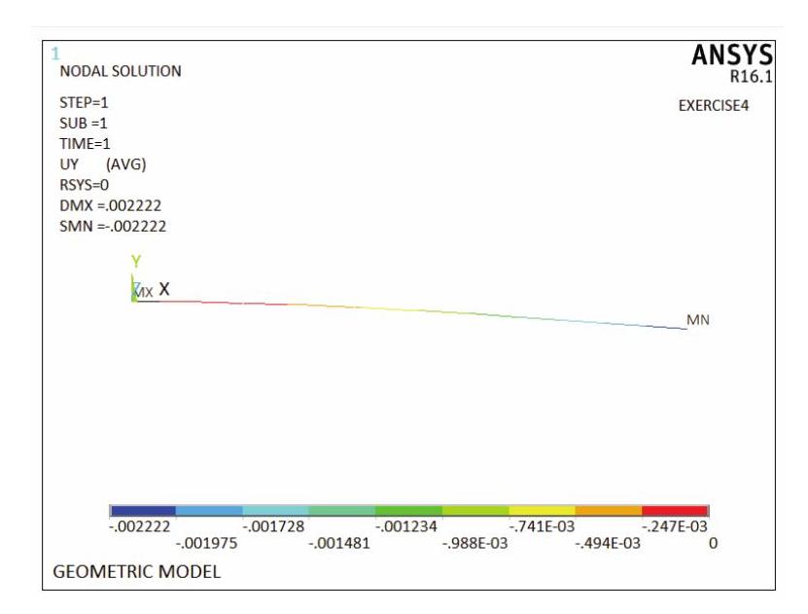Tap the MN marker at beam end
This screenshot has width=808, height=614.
coord(698,319)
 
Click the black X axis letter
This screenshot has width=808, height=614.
coord(164,289)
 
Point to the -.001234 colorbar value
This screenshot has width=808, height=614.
coord(405,526)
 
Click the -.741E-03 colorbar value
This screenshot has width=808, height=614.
coord(542,526)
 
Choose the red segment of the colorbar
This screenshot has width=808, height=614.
coord(675,510)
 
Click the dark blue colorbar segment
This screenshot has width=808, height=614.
coord(144,510)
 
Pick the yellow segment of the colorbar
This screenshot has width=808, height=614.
coord(542,510)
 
